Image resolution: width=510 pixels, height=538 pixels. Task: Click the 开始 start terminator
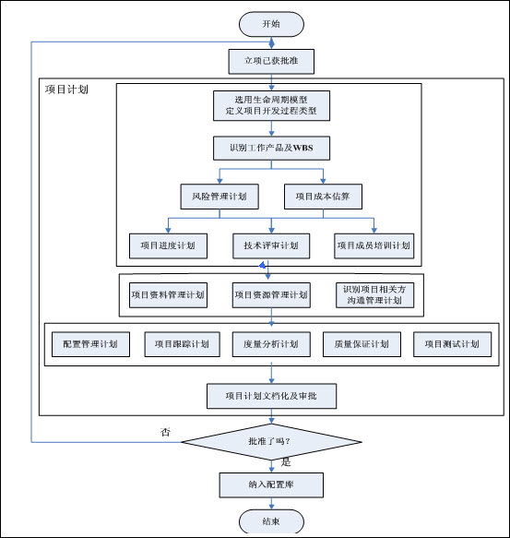tap(271, 24)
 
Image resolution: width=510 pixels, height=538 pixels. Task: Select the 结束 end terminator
tap(271, 521)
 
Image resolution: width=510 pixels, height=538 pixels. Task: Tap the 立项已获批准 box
tap(271, 62)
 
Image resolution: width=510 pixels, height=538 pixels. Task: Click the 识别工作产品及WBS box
tap(271, 149)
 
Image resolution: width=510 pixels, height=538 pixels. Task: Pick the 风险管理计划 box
tap(219, 197)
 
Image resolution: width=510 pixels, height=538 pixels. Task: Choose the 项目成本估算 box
tap(323, 197)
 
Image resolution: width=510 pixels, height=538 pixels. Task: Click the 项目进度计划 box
tap(168, 246)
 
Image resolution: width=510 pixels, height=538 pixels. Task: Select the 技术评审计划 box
tap(271, 246)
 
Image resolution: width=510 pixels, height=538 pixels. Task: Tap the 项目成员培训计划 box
tap(374, 246)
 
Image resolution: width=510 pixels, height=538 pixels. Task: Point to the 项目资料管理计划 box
tap(168, 295)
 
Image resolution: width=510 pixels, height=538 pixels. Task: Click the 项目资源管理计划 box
tap(271, 295)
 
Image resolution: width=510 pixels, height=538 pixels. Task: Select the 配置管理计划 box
tap(90, 344)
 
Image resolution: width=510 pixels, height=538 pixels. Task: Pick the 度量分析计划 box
tap(271, 344)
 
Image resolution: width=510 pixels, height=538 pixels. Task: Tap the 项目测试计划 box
tap(453, 344)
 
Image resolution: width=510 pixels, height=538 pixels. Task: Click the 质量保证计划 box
tap(362, 344)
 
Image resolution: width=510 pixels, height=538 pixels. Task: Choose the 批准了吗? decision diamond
tap(271, 442)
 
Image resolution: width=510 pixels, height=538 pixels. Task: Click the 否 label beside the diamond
tap(165, 432)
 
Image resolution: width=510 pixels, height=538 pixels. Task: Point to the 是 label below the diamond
tap(286, 462)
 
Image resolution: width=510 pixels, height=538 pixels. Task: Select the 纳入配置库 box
tap(271, 485)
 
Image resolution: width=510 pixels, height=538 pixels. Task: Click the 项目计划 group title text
tap(66, 90)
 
